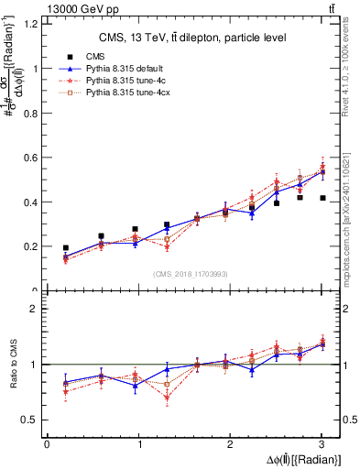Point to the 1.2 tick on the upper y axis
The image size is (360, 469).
(31, 24)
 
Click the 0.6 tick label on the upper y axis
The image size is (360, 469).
(31, 158)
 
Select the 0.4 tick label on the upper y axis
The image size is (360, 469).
(31, 202)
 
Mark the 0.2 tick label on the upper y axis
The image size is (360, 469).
(31, 247)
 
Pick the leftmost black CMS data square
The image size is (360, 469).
(66, 248)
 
